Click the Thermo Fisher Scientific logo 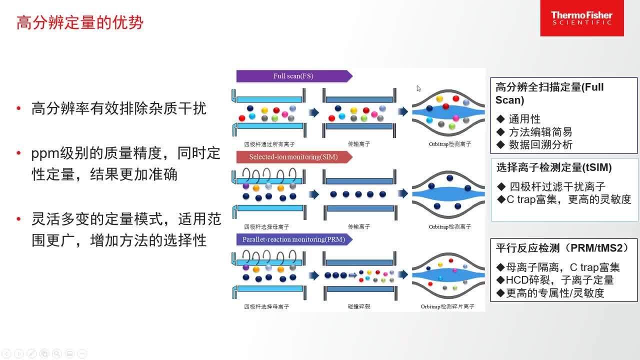[581, 18]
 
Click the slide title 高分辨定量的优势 [80, 22]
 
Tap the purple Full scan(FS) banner [293, 76]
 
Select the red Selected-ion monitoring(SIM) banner [293, 157]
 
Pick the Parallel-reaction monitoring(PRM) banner [293, 239]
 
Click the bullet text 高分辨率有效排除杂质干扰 [118, 108]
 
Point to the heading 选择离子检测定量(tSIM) [553, 167]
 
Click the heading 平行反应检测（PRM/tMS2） [562, 247]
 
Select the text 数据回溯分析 [540, 145]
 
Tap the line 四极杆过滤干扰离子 [557, 186]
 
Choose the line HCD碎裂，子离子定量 [559, 280]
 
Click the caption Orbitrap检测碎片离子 [447, 306]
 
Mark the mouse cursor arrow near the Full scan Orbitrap [418, 88]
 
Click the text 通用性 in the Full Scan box [524, 119]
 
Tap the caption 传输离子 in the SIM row [358, 227]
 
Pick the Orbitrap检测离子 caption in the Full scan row [449, 144]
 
